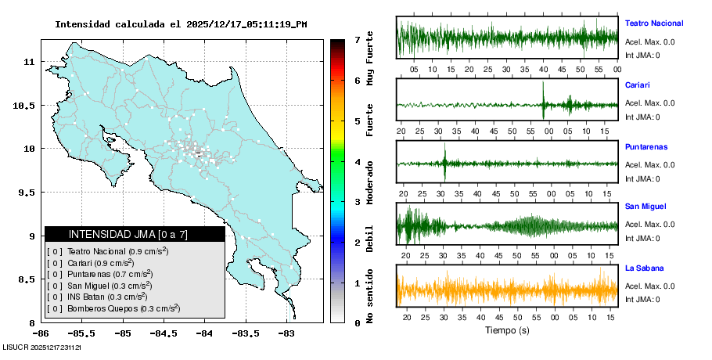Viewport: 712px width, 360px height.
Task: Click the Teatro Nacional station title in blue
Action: tap(653, 23)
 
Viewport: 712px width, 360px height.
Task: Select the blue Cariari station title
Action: tap(638, 85)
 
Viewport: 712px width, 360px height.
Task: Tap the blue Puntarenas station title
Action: tap(645, 146)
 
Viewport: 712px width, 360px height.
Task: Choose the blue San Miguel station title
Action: tap(645, 207)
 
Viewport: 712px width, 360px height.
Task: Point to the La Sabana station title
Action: tap(644, 268)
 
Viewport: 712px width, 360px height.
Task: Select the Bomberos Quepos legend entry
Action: tap(118, 309)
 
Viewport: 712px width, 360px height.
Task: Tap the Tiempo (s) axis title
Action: tap(507, 330)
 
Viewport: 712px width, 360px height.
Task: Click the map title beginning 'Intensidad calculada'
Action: tap(181, 24)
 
